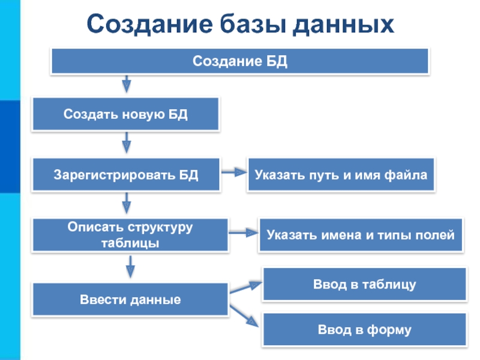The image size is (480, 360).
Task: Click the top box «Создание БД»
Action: point(240,61)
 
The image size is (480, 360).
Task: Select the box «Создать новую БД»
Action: point(126,115)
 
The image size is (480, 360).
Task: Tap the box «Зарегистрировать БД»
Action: point(126,175)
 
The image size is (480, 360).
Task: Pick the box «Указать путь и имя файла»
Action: point(341,175)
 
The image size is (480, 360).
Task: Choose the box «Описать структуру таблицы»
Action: point(130,235)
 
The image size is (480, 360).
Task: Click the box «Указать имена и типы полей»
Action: point(361,235)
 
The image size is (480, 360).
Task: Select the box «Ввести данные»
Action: point(130,299)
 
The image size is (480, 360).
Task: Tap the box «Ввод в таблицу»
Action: point(364,284)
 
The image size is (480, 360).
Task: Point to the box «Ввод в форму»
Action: point(364,329)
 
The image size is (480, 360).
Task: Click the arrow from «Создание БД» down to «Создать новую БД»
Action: point(126,83)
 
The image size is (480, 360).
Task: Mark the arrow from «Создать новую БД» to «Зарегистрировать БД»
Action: point(127,143)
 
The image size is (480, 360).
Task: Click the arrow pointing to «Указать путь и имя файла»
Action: point(234,172)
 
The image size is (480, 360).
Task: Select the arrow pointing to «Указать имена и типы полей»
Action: point(243,233)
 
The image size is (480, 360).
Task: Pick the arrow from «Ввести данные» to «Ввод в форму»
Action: point(244,316)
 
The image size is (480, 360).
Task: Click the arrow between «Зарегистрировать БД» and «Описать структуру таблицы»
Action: point(127,203)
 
